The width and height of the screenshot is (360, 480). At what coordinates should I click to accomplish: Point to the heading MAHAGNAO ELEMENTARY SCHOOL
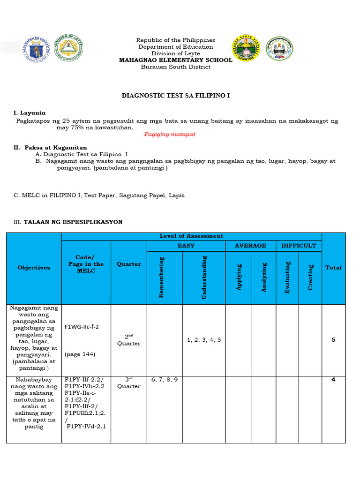(x=175, y=60)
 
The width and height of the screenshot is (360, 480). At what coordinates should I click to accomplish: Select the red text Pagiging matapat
(x=170, y=134)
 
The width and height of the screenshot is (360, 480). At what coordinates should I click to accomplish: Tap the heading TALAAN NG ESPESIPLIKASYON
(x=73, y=222)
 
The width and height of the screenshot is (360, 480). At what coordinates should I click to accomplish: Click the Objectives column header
(x=34, y=268)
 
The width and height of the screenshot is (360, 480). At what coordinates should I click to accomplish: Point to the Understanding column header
(x=204, y=277)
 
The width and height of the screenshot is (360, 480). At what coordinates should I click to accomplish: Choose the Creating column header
(x=310, y=277)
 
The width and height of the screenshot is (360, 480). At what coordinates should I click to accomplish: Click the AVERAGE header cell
(x=251, y=246)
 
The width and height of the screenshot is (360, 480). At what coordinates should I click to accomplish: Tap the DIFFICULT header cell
(x=299, y=246)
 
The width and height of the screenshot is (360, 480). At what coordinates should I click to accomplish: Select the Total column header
(x=333, y=268)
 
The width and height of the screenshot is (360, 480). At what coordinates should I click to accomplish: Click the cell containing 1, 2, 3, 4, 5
(x=204, y=339)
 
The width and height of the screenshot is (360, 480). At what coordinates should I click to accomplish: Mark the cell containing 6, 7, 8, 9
(x=165, y=379)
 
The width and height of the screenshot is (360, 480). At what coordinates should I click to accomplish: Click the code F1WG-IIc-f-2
(x=82, y=327)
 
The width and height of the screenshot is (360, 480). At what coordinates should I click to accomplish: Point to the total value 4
(x=333, y=380)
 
